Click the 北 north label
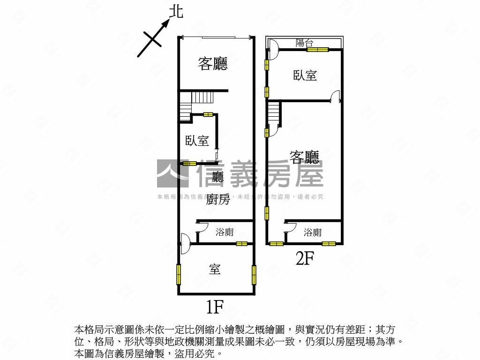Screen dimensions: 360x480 click(176, 12)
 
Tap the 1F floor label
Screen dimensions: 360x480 click(214, 307)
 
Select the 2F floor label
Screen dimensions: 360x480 click(304, 258)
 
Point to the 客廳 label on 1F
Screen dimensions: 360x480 click(212, 64)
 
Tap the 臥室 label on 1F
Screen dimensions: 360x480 click(197, 141)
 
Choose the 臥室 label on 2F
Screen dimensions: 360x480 click(305, 75)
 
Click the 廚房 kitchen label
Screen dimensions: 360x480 click(218, 200)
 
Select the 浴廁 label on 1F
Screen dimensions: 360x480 click(225, 232)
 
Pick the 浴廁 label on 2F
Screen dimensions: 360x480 click(313, 232)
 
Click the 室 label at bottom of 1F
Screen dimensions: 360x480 click(215, 269)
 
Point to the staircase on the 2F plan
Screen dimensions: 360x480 click(274, 115)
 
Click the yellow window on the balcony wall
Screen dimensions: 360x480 click(317, 49)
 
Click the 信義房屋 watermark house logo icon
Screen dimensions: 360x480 click(172, 173)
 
